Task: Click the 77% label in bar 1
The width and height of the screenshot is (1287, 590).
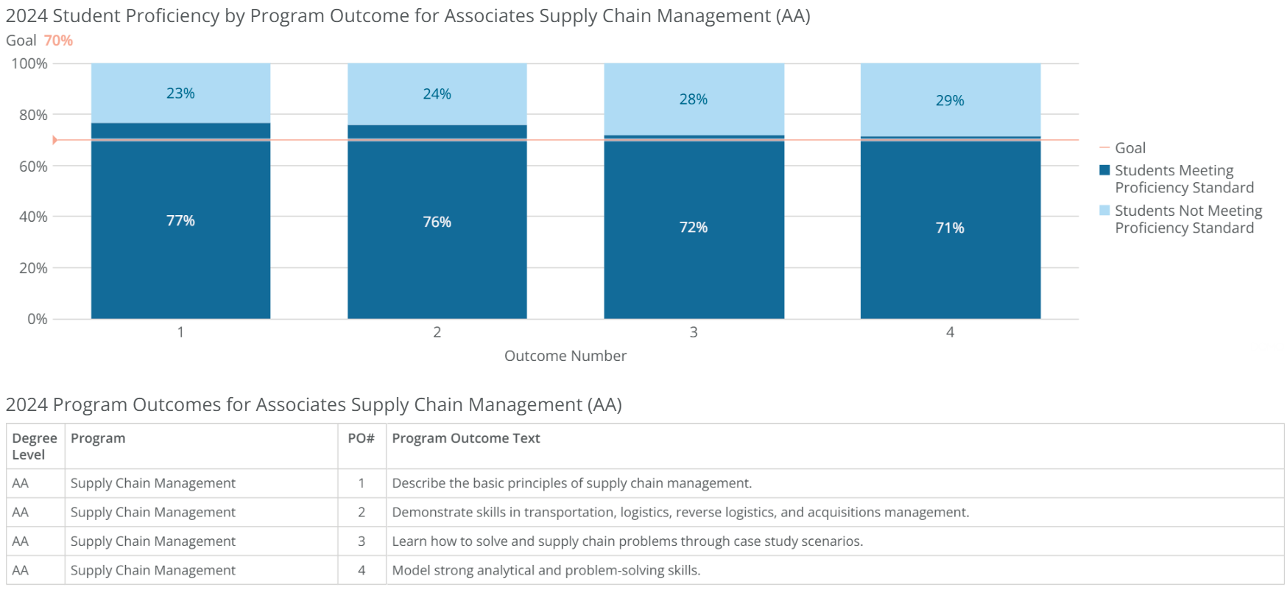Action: tap(180, 221)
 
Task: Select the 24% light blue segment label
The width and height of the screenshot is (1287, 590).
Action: tap(437, 94)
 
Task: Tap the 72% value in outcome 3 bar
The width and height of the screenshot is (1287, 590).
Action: tap(693, 228)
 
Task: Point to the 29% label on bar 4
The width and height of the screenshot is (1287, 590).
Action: tap(949, 101)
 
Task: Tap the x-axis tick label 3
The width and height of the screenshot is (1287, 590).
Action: tap(693, 332)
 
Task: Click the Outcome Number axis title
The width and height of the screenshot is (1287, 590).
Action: tap(565, 356)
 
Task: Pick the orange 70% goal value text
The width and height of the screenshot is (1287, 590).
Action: tap(58, 41)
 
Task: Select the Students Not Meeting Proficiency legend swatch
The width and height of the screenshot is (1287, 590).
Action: tap(1104, 211)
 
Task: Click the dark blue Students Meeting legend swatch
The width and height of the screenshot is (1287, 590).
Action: tap(1104, 170)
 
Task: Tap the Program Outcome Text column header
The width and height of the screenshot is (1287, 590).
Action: tap(465, 438)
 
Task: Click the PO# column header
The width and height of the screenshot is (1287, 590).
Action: tap(361, 438)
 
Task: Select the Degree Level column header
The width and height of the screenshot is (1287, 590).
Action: tap(34, 446)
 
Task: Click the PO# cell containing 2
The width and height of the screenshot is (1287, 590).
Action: tap(362, 512)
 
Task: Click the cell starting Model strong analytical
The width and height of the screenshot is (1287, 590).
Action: tap(546, 570)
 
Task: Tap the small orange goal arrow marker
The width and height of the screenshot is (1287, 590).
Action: tap(54, 140)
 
